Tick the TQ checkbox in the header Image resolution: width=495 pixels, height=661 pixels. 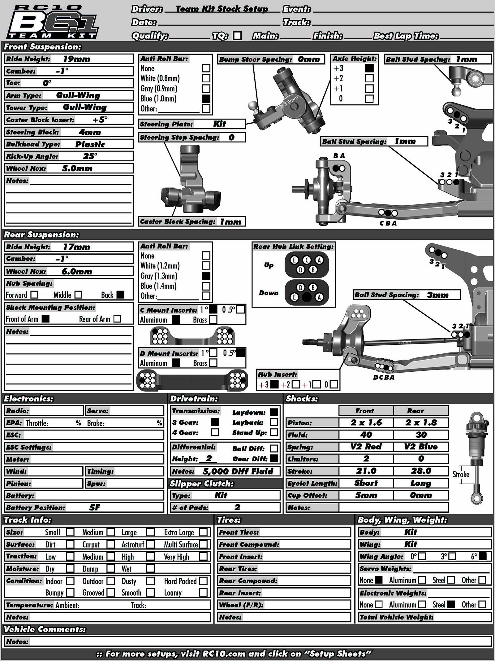coord(237,36)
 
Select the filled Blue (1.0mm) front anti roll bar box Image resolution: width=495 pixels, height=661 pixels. coord(206,98)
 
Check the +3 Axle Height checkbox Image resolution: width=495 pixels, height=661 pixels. coord(369,68)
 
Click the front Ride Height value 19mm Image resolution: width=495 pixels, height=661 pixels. coord(76,59)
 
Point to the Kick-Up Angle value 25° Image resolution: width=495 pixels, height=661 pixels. coord(90,156)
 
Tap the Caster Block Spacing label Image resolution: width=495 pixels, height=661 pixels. coord(178,221)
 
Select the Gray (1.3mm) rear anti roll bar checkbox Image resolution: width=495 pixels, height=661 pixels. coord(206,276)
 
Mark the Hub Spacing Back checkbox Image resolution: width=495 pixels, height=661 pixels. coord(120,295)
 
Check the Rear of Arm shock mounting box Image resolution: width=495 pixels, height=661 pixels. coord(117,319)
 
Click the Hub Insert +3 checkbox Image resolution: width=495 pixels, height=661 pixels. coord(274,384)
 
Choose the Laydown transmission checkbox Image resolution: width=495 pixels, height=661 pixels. coord(273,412)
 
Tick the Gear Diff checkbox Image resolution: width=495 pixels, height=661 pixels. coord(273,458)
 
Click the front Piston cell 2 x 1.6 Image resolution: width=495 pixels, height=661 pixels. coord(366,423)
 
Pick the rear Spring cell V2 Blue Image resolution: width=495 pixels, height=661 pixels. coord(421,447)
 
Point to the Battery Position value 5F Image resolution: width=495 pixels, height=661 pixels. coord(95,507)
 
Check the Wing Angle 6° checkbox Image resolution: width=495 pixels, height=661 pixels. coord(483,556)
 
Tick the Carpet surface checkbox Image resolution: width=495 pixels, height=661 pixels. coord(110,544)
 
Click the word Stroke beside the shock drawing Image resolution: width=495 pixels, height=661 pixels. coord(461,474)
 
